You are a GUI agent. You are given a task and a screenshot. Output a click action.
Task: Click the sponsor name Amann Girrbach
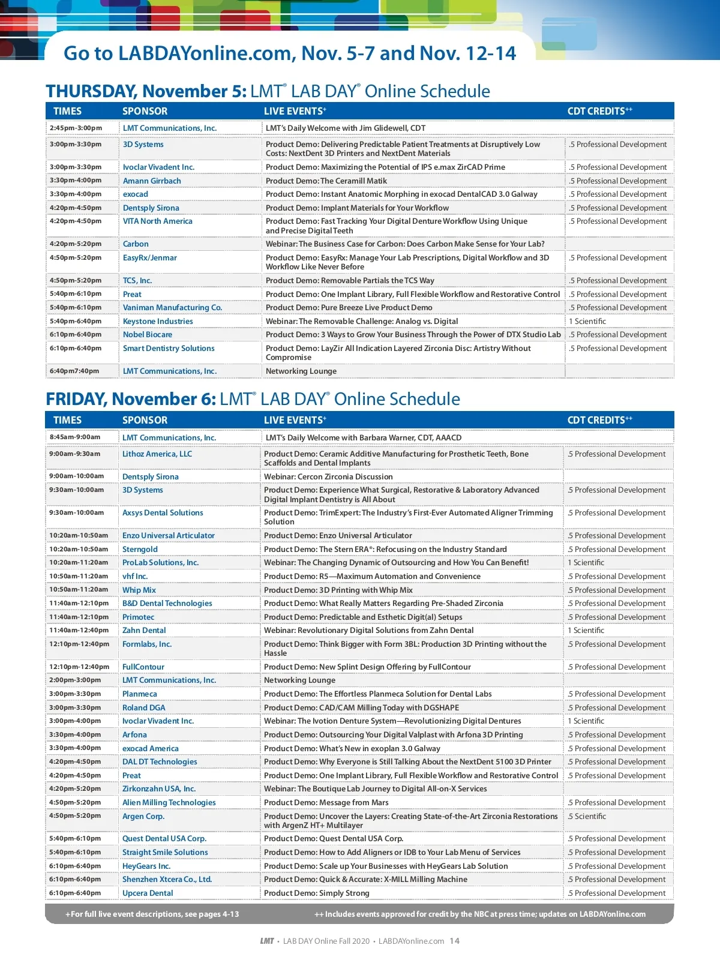tap(152, 181)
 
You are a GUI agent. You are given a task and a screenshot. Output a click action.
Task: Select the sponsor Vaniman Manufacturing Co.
tap(172, 307)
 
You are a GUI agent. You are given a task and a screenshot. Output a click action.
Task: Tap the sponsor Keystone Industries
tap(158, 321)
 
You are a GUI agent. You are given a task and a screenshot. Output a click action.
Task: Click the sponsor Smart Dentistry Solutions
tap(169, 348)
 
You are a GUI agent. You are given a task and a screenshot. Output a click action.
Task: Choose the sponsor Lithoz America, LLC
tap(157, 454)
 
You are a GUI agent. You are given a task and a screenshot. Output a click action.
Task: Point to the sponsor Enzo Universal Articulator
tap(169, 535)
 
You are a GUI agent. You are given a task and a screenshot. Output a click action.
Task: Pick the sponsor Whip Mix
tap(139, 590)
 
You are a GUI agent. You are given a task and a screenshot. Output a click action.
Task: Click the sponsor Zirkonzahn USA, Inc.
tap(159, 788)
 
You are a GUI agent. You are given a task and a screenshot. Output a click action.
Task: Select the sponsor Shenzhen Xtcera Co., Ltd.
tap(167, 879)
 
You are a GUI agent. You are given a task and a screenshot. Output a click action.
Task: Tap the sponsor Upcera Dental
tap(148, 893)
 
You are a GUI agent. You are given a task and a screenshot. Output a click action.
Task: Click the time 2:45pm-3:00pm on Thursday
tap(76, 128)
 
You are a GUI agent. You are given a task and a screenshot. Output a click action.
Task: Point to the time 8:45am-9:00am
tap(75, 437)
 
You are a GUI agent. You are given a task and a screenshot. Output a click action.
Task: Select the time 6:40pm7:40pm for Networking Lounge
tap(74, 371)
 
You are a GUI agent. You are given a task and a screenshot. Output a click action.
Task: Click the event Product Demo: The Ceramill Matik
tap(326, 181)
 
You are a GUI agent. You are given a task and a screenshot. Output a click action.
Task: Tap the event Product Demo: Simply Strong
tap(317, 893)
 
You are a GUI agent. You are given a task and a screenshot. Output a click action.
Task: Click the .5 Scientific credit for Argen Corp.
tap(587, 816)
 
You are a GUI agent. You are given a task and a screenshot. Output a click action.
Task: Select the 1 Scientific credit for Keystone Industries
tap(587, 321)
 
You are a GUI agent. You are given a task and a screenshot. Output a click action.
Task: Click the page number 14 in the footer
tap(455, 941)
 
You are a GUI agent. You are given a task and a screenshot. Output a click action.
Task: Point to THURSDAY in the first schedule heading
tap(91, 91)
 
